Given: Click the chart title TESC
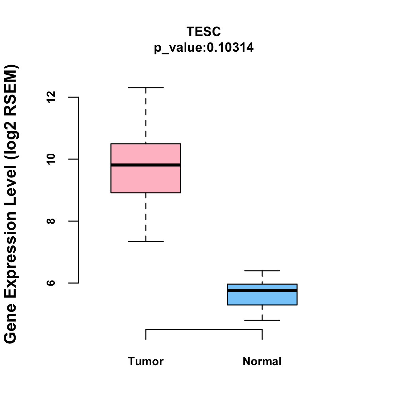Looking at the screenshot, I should point(204,32).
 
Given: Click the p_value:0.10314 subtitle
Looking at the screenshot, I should point(204,48).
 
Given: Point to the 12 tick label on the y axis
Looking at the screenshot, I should point(51,97).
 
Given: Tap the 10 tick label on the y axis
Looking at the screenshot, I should point(51,159).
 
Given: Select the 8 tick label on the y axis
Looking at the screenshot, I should point(51,221).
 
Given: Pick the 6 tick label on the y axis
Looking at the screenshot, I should point(51,283).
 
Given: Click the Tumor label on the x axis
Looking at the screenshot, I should point(146,361).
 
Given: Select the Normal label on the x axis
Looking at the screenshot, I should point(262,361).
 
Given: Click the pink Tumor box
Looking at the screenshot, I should point(146,180).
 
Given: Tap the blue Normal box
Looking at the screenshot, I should point(262,299).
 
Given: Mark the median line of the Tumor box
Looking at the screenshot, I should point(146,165).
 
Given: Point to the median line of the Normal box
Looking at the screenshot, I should point(262,290).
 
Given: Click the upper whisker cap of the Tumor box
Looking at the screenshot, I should point(146,88).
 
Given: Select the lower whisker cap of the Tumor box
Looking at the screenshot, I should point(146,241).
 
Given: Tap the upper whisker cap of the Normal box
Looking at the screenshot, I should point(262,271).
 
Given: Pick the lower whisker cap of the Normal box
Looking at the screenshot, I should point(262,320).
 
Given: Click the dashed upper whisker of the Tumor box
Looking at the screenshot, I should point(146,116).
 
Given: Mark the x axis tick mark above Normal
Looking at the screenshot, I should point(262,335).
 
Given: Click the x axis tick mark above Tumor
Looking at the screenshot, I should point(146,335).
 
